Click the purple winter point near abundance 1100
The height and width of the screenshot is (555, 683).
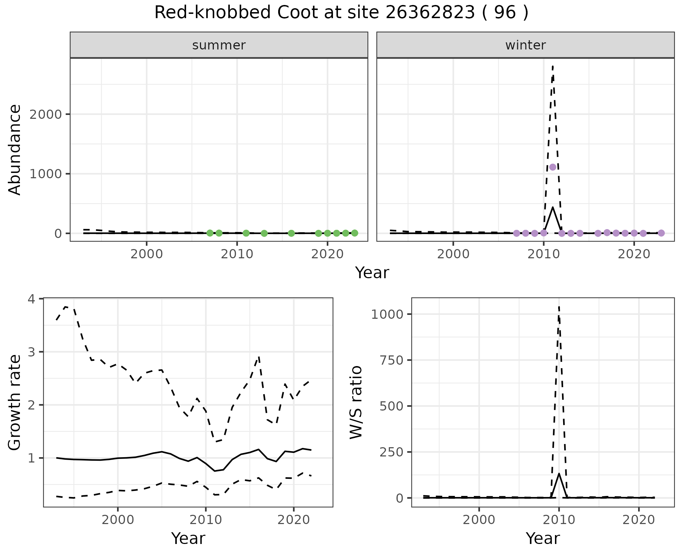coord(552,167)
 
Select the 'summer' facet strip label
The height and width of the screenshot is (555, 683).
coord(219,45)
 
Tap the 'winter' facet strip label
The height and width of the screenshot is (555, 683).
coord(525,45)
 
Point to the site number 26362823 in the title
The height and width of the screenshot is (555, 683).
coord(430,13)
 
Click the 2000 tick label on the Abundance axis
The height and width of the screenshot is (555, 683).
coord(45,115)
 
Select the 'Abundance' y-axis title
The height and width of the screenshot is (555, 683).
coord(15,150)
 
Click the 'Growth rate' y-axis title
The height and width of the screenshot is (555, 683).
coord(15,402)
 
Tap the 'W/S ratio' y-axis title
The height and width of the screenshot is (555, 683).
coord(356,402)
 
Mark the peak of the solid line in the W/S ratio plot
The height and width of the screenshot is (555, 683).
coord(559,474)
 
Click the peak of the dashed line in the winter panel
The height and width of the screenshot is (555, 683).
coord(552,66)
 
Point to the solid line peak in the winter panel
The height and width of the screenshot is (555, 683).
coord(552,207)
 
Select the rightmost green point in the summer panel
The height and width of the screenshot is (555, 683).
coord(355,233)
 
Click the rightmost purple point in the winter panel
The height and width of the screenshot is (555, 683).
coord(661,233)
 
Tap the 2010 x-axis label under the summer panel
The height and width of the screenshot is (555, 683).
coord(237,254)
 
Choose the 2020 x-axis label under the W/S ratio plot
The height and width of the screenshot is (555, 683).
coord(639,520)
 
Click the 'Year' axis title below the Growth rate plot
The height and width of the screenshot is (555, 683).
coord(188,538)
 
